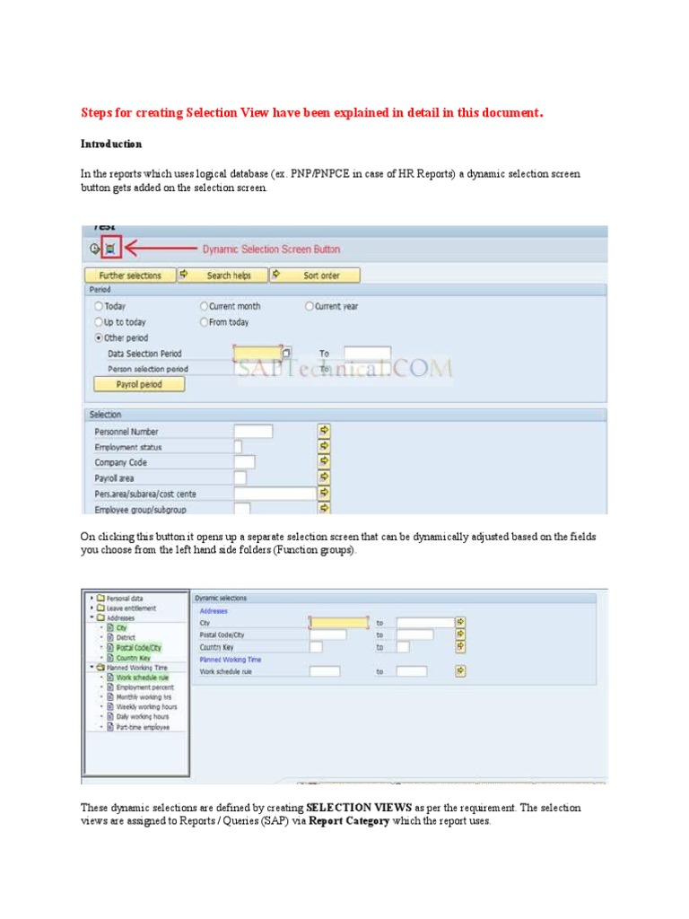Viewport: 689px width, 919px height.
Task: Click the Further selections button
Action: click(130, 276)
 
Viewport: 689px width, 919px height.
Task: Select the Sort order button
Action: click(321, 276)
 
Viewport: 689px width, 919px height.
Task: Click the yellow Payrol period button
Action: click(139, 384)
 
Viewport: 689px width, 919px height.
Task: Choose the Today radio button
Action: click(99, 306)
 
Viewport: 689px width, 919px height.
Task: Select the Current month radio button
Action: click(205, 306)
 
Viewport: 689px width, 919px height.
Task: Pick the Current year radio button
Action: click(310, 306)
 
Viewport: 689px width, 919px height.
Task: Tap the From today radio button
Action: click(205, 322)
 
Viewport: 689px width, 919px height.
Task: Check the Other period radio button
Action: click(99, 338)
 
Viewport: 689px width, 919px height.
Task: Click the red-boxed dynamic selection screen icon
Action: click(109, 249)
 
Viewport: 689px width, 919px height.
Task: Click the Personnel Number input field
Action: click(253, 432)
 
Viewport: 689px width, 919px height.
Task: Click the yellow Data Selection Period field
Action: click(257, 354)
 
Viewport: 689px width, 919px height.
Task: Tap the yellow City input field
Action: click(338, 622)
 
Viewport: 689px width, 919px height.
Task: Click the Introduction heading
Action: click(111, 144)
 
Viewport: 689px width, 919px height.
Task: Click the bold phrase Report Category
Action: click(349, 821)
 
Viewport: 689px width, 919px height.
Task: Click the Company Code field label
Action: click(121, 463)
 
